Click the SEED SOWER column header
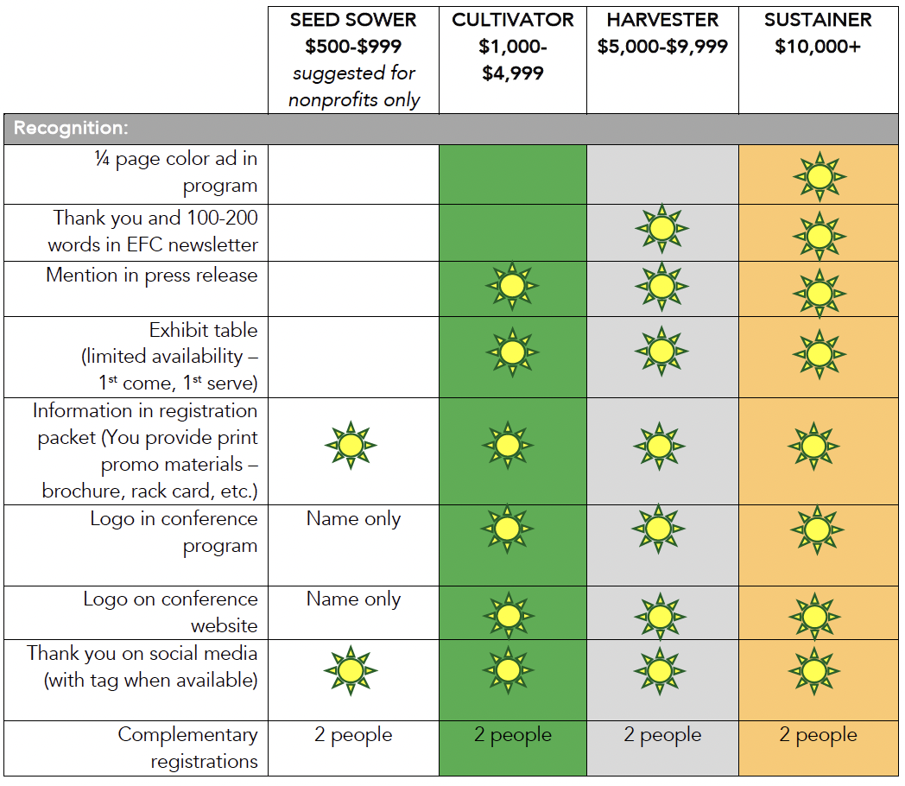353,20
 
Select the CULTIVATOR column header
513,20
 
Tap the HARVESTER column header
662,20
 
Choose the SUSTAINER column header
818,20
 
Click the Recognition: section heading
71,129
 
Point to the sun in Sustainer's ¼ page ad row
820,176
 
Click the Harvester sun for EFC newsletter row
662,229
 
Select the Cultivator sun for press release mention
512,286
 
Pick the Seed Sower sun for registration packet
351,446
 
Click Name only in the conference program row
353,519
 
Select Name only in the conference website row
353,599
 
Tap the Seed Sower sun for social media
351,670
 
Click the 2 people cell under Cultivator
513,735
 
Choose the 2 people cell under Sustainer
818,735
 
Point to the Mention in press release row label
152,276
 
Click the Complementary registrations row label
188,748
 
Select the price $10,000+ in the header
818,47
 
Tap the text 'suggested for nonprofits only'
353,86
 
